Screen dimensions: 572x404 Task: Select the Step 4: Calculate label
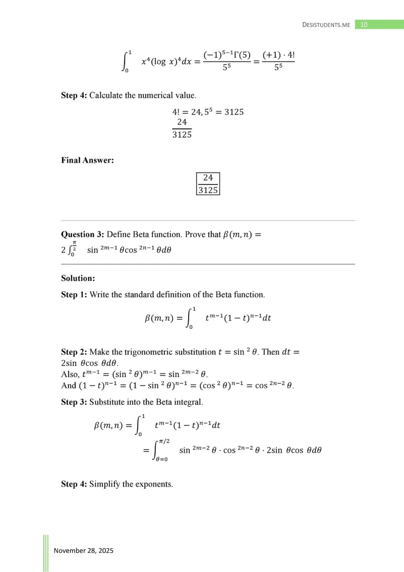tap(74, 96)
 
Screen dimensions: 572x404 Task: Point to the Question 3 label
tap(82, 234)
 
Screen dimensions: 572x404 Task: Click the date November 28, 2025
tap(84, 550)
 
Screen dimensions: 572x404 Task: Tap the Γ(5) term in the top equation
tap(240, 54)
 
